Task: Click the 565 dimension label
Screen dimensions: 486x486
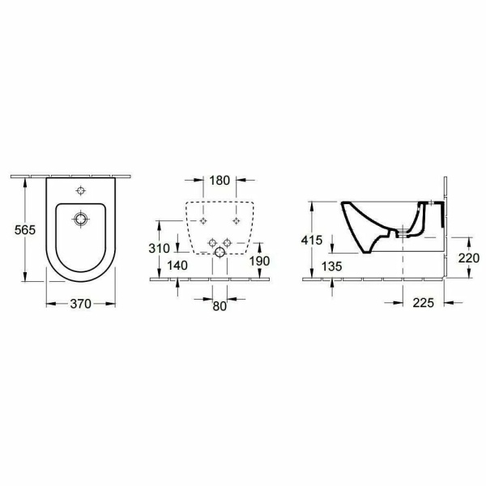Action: coord(25,230)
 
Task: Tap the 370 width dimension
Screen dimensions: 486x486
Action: coord(80,304)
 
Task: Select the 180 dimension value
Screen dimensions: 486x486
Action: coord(220,180)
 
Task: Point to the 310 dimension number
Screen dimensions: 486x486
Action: coord(160,249)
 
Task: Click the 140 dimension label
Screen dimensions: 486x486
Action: coord(177,266)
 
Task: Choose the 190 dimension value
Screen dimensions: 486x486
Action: coord(260,262)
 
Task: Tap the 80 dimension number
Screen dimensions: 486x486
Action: coord(220,306)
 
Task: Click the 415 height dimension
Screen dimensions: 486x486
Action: coord(312,241)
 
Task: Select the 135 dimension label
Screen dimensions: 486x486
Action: coord(331,266)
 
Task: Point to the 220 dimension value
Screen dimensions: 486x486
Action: coord(469,258)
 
